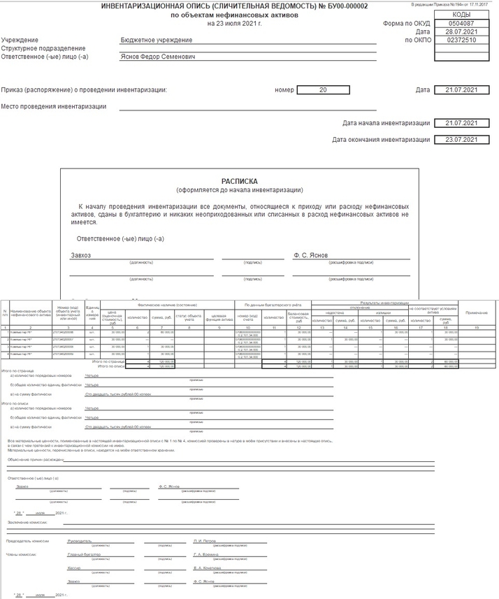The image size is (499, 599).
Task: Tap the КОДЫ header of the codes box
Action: (x=456, y=15)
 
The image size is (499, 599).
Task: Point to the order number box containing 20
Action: (x=322, y=90)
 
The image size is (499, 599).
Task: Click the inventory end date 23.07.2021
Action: (x=456, y=140)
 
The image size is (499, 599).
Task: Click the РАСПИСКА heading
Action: (x=239, y=180)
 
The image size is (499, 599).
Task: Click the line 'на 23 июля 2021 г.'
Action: (x=235, y=24)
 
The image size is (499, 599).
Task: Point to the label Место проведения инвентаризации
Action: (x=54, y=107)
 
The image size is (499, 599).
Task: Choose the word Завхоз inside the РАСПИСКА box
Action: (x=81, y=255)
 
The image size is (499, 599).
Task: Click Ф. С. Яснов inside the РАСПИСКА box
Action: (x=310, y=255)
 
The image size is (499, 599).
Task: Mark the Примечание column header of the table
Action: (x=477, y=312)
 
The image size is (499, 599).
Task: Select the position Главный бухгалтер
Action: (x=85, y=554)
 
